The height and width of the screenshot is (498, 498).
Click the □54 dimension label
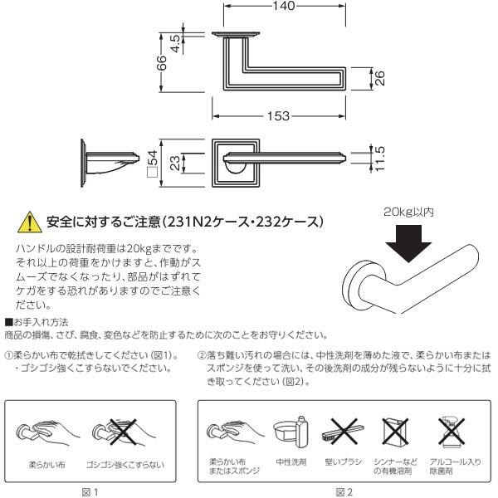click(x=152, y=162)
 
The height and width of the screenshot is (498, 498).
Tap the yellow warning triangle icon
click(x=28, y=222)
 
